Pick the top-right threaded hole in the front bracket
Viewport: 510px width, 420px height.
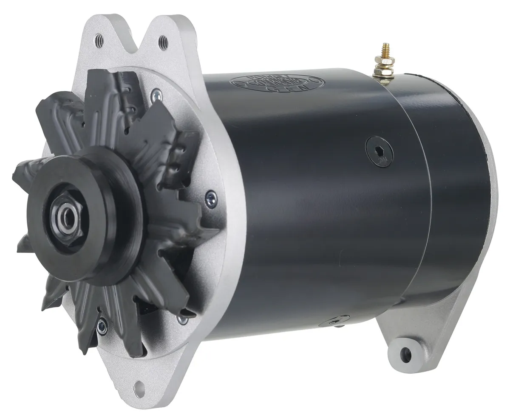[x=162, y=42]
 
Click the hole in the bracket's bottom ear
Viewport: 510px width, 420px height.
[x=138, y=386]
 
